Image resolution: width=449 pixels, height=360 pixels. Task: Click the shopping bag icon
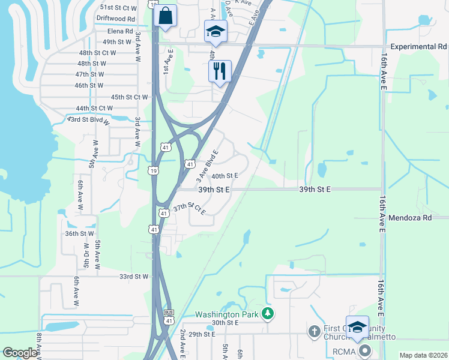point(165,16)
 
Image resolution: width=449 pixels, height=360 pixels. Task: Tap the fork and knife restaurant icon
point(220,71)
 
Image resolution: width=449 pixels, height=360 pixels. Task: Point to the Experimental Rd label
point(419,47)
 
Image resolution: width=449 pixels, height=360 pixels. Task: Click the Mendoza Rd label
point(410,218)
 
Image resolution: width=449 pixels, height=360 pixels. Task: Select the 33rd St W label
point(134,277)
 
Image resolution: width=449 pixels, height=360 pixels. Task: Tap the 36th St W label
point(80,233)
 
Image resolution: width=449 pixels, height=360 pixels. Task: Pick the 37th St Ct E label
point(190,209)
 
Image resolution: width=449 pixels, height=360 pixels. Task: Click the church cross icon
point(313,331)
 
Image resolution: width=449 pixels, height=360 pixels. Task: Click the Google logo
point(20,353)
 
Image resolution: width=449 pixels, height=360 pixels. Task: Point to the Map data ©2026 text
point(423,355)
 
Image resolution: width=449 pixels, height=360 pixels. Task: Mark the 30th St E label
point(225,323)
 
